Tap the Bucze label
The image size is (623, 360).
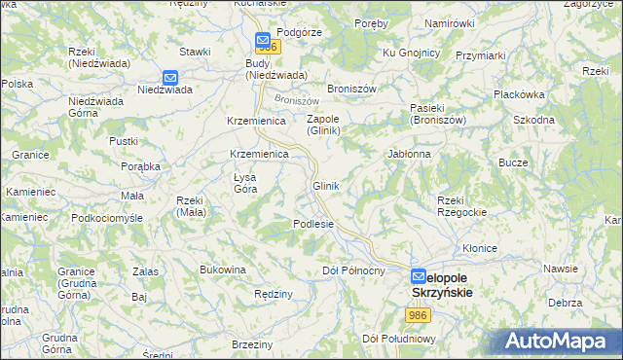pos(514,162)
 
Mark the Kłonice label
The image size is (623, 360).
pos(482,248)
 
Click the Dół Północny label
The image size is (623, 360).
pos(353,270)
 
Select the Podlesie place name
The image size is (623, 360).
pos(313,224)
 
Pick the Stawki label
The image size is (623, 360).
pos(195,51)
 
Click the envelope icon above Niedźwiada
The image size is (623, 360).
pos(170,77)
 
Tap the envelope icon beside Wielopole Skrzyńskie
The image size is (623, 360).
pos(418,276)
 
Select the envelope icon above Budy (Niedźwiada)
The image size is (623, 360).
pos(263,41)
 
